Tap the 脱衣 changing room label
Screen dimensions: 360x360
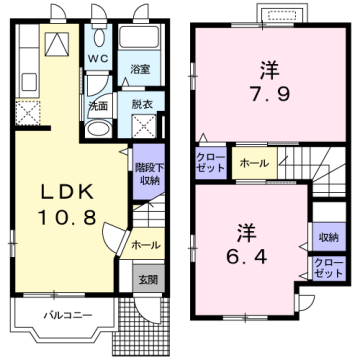click(x=140, y=103)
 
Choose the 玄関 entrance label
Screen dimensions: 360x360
click(x=147, y=279)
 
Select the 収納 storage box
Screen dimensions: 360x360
click(x=327, y=237)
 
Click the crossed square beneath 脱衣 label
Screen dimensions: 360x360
click(x=141, y=128)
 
